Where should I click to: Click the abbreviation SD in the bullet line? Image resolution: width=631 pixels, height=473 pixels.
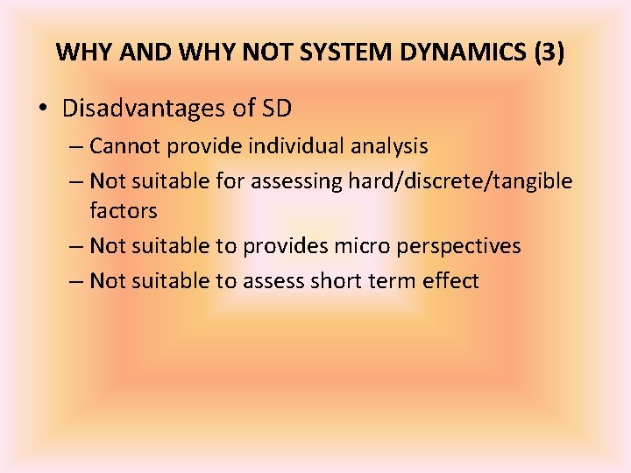[x=276, y=109]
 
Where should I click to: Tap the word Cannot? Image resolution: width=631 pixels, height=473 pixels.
[x=122, y=145]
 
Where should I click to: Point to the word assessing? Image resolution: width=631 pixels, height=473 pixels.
[x=296, y=181]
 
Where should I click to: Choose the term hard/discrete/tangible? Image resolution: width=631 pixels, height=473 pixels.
[x=460, y=181]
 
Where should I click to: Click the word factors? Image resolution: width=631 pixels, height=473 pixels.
[x=123, y=211]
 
